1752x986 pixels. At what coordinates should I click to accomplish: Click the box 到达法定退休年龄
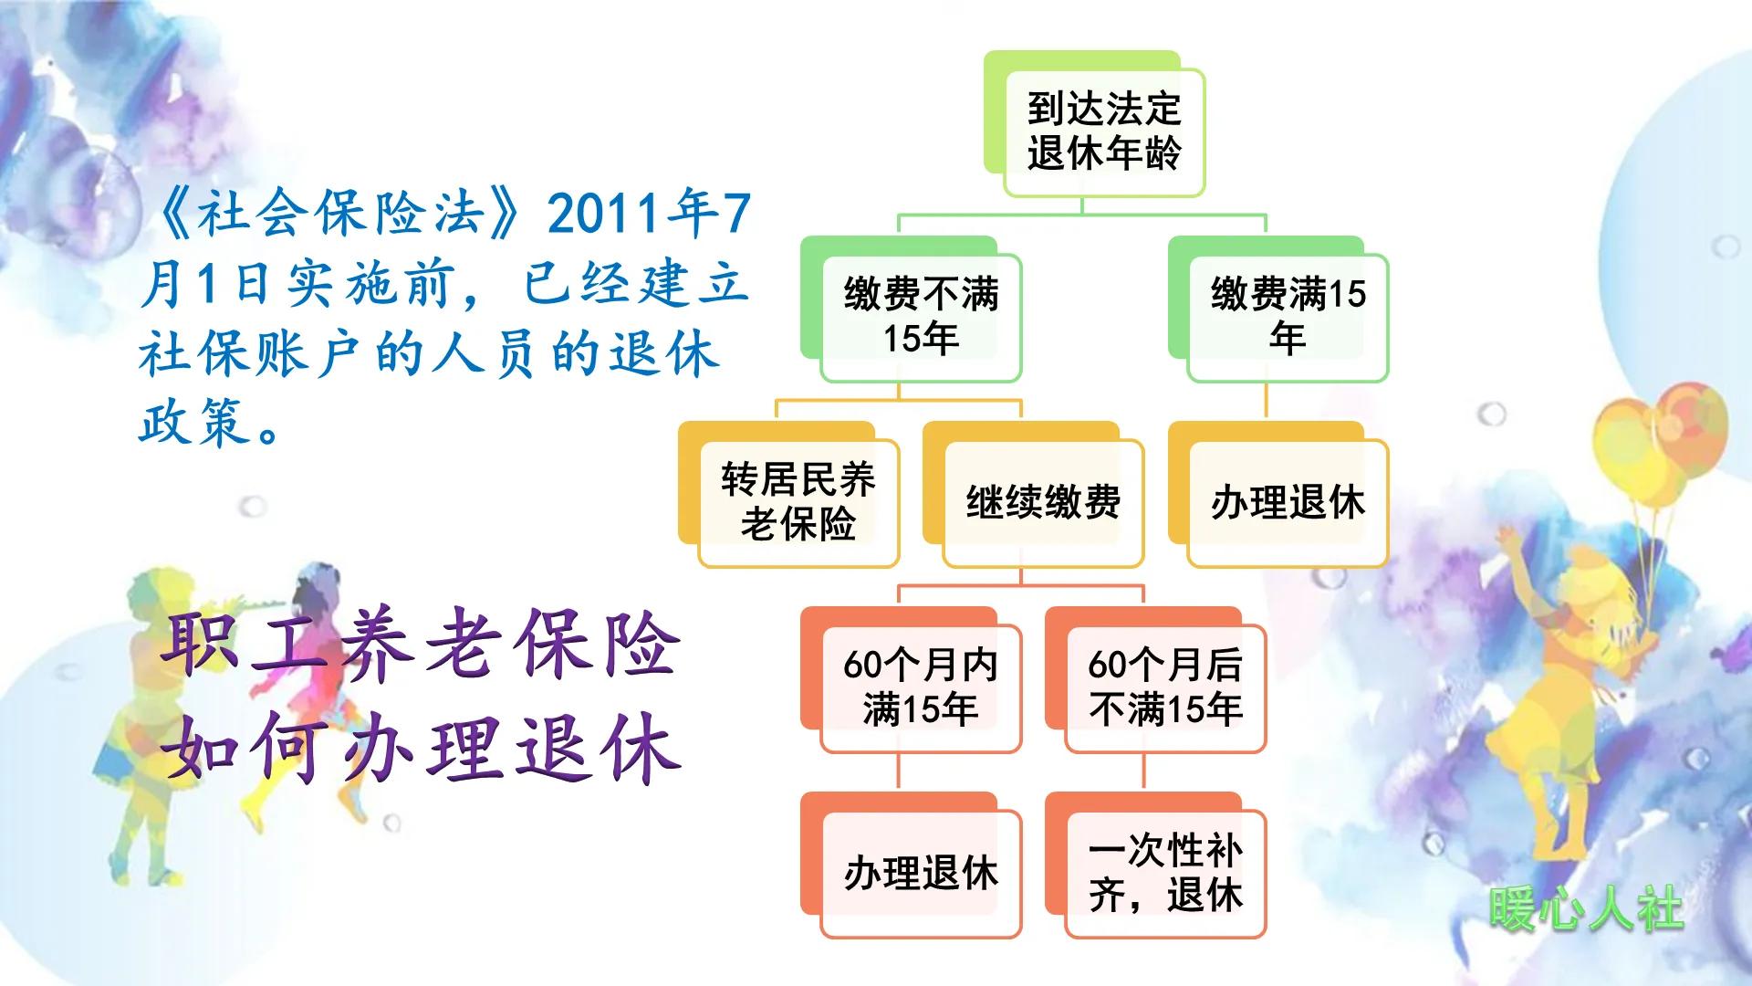pyautogui.click(x=1103, y=131)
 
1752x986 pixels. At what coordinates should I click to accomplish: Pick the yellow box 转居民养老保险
pyautogui.click(x=798, y=502)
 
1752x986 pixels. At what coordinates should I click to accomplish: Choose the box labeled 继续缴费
pyautogui.click(x=1042, y=502)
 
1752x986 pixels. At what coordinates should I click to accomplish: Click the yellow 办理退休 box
pyautogui.click(x=1287, y=502)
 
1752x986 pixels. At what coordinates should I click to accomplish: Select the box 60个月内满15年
pyautogui.click(x=920, y=687)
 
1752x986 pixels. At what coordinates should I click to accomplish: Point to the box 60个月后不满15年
pyautogui.click(x=1164, y=687)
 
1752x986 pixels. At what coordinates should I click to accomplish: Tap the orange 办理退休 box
pyautogui.click(x=920, y=873)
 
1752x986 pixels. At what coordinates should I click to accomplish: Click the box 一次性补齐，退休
pyautogui.click(x=1164, y=873)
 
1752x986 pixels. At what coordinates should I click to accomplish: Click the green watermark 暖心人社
pyautogui.click(x=1586, y=909)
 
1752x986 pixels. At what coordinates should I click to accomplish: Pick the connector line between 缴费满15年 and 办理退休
pyautogui.click(x=1266, y=401)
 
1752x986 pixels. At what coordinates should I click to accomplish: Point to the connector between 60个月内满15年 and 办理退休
pyautogui.click(x=899, y=771)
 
